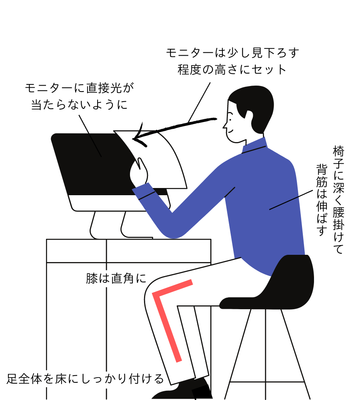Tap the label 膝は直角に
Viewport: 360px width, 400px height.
[x=116, y=278]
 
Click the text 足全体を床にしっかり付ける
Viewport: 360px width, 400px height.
[x=85, y=379]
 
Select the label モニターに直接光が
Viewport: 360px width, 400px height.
[x=79, y=88]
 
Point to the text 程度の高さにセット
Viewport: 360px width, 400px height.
[x=232, y=69]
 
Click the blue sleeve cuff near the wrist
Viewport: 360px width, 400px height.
[x=143, y=191]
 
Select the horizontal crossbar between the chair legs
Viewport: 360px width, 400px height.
[x=267, y=382]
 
